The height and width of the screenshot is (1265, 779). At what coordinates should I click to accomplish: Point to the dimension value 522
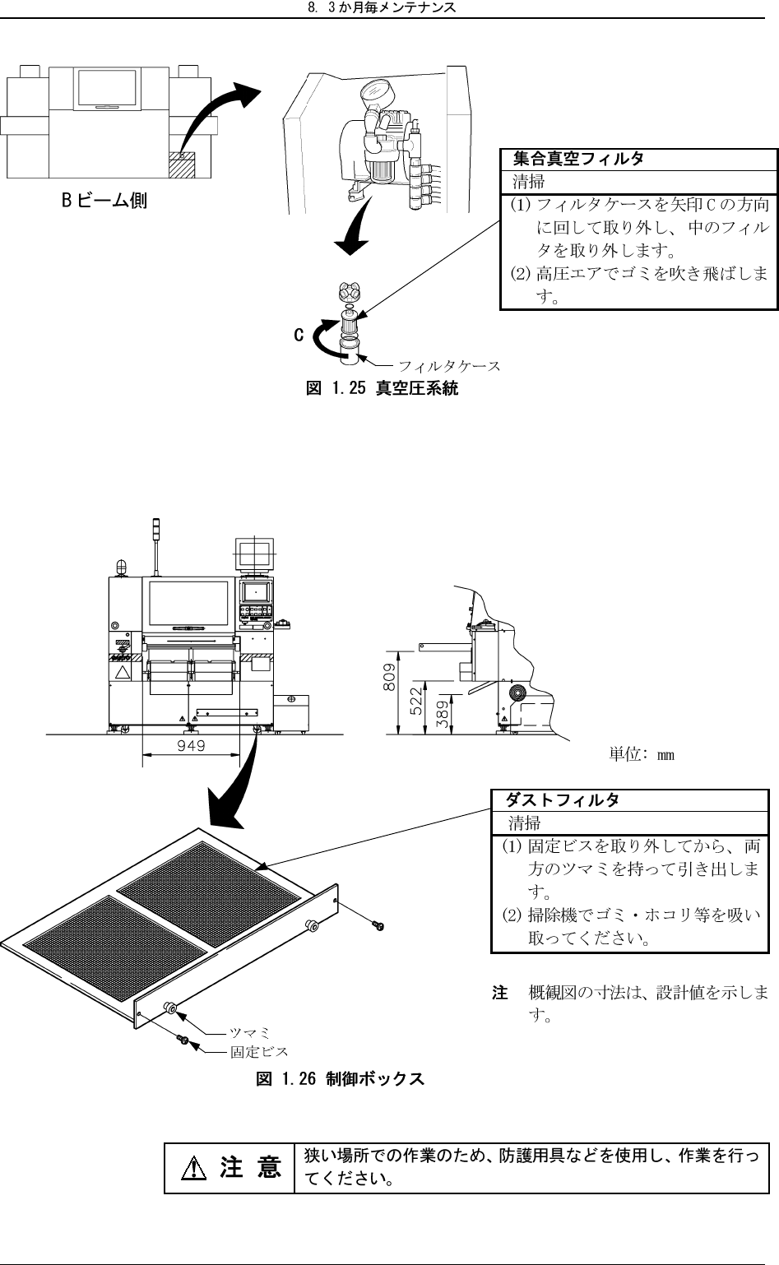pyautogui.click(x=416, y=700)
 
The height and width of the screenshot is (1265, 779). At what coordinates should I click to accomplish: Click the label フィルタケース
pyautogui.click(x=449, y=364)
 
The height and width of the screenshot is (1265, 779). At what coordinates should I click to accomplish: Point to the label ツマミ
pyautogui.click(x=250, y=1032)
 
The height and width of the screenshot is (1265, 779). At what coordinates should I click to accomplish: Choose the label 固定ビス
pyautogui.click(x=259, y=1051)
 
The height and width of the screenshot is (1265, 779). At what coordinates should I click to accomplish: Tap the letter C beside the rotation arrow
pyautogui.click(x=299, y=336)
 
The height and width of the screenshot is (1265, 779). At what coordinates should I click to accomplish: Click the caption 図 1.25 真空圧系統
pyautogui.click(x=382, y=388)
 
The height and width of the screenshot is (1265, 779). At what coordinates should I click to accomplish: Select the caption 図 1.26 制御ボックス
pyautogui.click(x=340, y=1078)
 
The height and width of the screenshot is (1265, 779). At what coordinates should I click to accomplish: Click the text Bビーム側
pyautogui.click(x=105, y=200)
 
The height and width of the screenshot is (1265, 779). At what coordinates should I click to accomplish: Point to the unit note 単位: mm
pyautogui.click(x=642, y=754)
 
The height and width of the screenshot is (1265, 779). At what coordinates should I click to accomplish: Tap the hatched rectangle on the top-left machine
pyautogui.click(x=182, y=163)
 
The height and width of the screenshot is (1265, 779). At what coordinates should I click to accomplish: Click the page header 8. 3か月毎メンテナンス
pyautogui.click(x=389, y=8)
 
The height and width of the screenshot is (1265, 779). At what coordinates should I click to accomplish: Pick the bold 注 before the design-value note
pyautogui.click(x=499, y=994)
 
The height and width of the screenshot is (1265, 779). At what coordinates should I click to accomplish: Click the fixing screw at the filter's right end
pyautogui.click(x=378, y=927)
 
